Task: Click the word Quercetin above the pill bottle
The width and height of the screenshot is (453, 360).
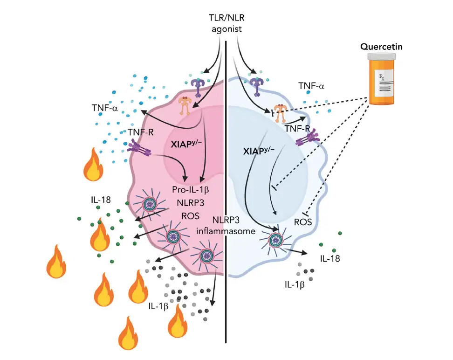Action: point(384,47)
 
